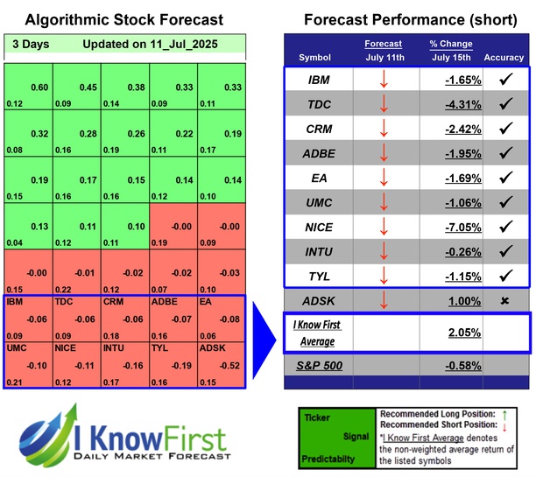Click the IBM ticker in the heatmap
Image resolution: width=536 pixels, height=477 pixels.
15,303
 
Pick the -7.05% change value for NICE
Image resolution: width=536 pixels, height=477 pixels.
462,227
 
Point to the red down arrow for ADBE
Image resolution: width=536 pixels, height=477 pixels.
384,153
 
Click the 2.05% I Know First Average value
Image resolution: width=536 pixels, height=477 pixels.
465,333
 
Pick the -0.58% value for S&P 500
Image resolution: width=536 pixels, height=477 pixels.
462,362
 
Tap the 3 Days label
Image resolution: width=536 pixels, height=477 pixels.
32,44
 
